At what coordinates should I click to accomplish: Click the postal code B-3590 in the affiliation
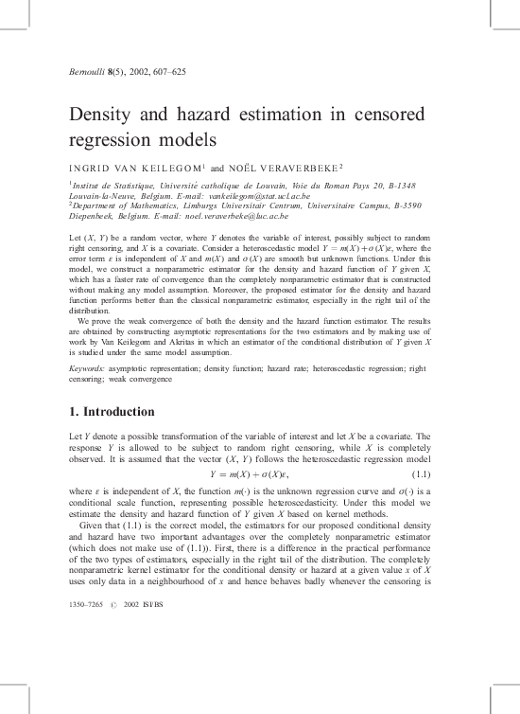405,203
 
